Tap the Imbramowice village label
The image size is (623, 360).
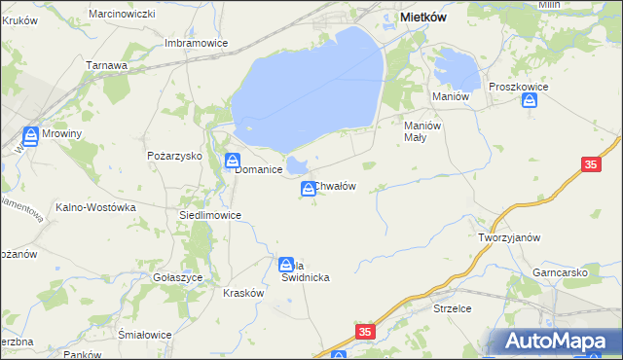197,43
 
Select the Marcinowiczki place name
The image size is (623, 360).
122,14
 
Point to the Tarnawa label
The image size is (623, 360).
107,65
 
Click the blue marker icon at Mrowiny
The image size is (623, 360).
32,136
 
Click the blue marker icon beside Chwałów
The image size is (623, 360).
309,189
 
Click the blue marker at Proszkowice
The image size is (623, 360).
530,102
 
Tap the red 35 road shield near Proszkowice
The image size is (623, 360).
591,165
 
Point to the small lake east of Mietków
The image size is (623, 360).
456,68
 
